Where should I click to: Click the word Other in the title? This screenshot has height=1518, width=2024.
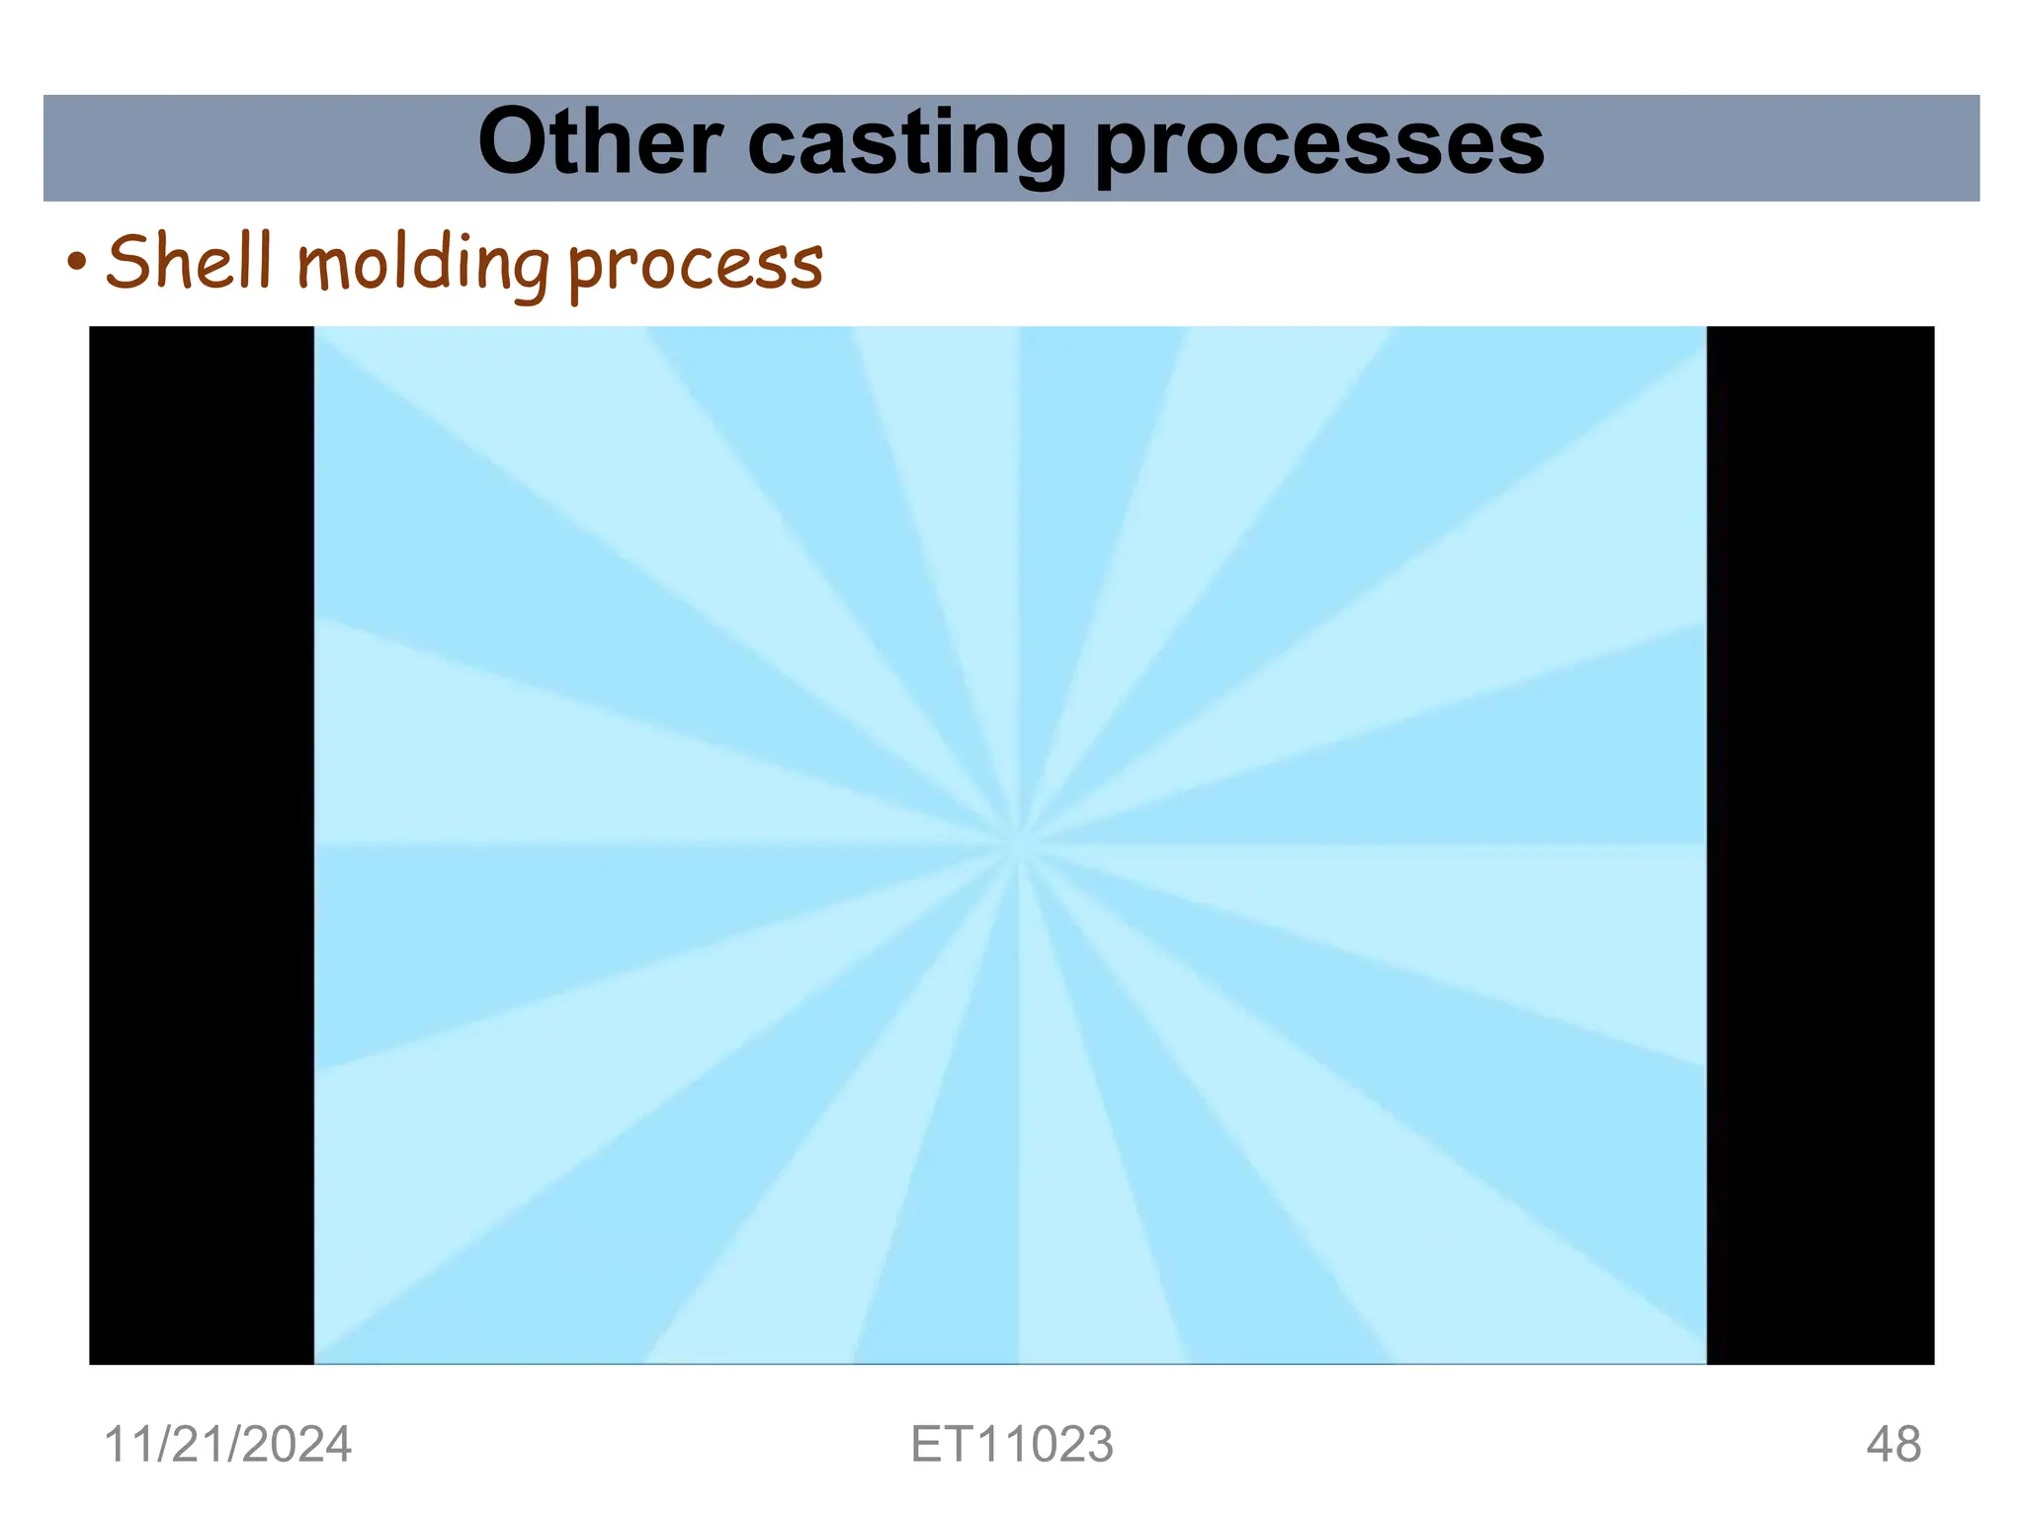[599, 144]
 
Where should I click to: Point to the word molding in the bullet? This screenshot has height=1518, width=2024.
[422, 265]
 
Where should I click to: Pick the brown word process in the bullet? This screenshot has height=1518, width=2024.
[695, 265]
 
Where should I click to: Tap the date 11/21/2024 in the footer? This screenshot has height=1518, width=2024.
[227, 1445]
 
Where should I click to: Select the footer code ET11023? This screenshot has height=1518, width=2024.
[1012, 1445]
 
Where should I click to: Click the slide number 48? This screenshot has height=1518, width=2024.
[1894, 1445]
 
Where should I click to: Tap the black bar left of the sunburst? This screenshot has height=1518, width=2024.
[202, 845]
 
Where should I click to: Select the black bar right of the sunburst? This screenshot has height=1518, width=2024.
[1820, 845]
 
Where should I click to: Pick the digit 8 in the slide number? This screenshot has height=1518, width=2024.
[1908, 1445]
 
